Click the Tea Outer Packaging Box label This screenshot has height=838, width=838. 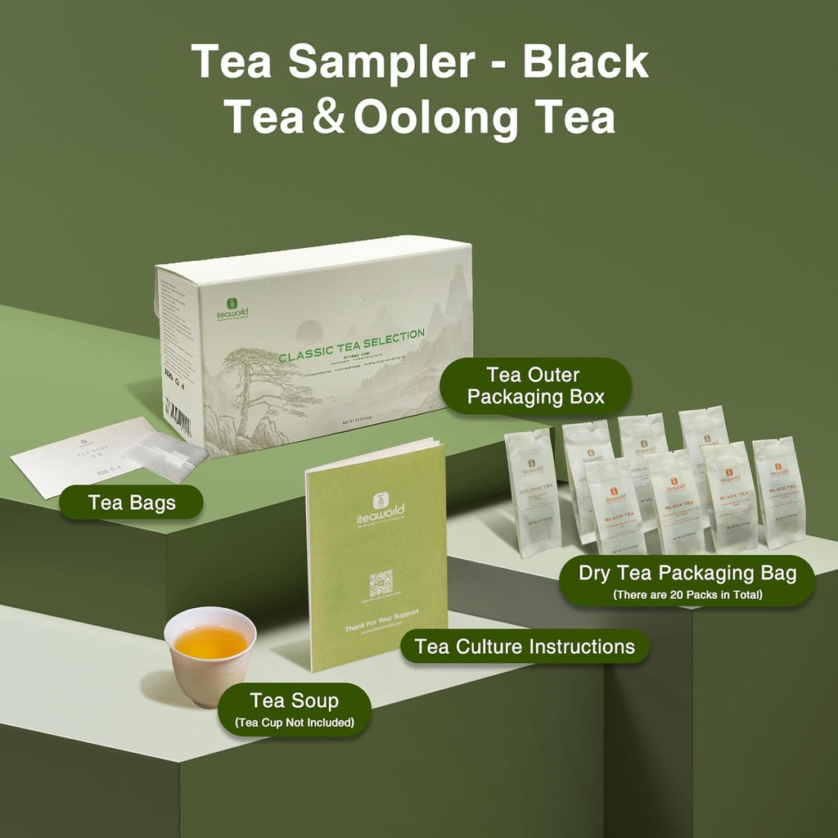point(544,386)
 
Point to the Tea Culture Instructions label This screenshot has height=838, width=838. point(525,647)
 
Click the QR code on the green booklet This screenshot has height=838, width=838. point(381,584)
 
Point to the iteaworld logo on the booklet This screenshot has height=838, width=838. point(377,511)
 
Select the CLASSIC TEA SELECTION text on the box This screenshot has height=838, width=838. point(351,335)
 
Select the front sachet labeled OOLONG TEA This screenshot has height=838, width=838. point(532,491)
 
